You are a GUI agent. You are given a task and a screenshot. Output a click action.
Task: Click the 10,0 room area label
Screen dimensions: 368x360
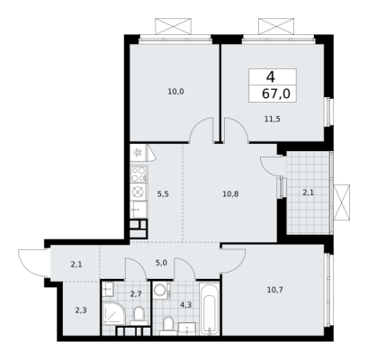[x=175, y=92]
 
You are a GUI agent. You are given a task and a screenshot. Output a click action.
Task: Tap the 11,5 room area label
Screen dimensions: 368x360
[x=273, y=119]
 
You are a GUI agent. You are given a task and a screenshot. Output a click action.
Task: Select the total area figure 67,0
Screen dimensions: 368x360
[x=276, y=94]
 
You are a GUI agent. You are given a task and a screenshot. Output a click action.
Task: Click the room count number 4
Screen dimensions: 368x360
[x=271, y=77]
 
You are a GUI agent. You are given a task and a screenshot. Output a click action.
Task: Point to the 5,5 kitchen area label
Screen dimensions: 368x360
[x=163, y=194]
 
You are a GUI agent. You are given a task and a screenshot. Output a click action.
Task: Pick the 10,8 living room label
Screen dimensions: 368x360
[x=230, y=194]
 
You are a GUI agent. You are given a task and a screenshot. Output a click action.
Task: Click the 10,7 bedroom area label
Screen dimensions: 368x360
[x=275, y=290]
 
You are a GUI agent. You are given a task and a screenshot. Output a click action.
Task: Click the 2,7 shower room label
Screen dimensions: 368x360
[x=136, y=293]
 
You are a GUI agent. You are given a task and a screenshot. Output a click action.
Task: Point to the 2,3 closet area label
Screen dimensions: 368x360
[x=81, y=310]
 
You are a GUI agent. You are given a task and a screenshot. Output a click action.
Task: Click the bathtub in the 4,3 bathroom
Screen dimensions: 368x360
[x=210, y=309]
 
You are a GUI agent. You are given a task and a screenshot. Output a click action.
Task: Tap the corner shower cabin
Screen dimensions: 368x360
[x=112, y=314]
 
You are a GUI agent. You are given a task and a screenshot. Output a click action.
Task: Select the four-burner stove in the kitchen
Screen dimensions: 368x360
[x=139, y=174]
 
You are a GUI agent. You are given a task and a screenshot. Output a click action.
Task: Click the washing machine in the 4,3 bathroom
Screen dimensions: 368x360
[x=162, y=290]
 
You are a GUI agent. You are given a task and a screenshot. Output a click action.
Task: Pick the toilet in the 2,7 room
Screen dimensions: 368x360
[x=139, y=316]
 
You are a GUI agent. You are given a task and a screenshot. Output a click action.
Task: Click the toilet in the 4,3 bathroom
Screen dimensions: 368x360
[x=168, y=326]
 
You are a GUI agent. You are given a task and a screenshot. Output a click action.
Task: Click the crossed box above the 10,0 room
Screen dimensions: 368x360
[x=173, y=26]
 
